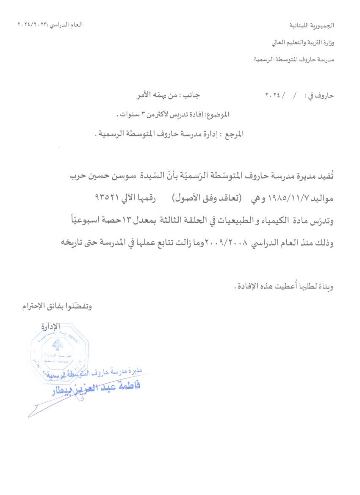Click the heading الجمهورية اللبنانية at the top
pos(311,26)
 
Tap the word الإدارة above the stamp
pos(51,326)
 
